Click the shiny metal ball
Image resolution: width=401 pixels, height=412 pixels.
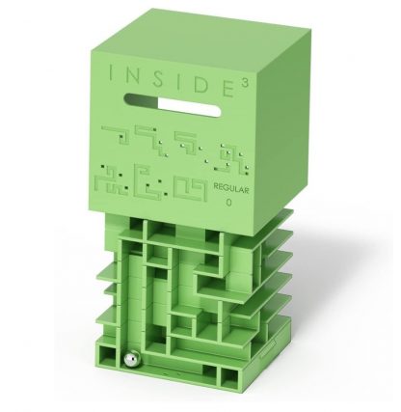(132, 361)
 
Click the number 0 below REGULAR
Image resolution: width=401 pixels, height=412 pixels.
(228, 203)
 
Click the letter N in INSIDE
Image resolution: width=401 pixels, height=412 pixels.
(130, 75)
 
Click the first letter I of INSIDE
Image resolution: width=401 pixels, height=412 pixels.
(110, 73)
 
